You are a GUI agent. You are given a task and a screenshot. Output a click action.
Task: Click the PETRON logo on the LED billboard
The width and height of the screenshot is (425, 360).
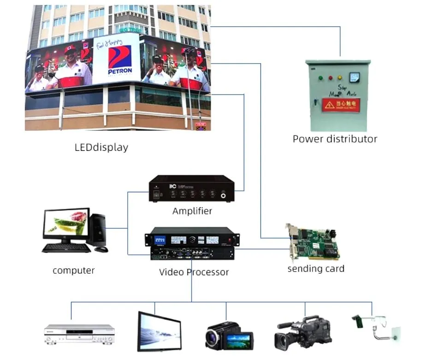(119, 59)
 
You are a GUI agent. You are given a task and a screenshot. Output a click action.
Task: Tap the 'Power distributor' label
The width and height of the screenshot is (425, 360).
(335, 139)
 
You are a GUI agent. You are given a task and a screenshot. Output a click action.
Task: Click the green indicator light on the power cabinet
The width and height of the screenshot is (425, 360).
(320, 78)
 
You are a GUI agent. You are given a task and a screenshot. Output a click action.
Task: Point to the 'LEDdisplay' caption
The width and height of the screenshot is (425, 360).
(101, 148)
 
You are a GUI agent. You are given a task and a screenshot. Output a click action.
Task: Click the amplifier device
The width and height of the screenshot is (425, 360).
(192, 189)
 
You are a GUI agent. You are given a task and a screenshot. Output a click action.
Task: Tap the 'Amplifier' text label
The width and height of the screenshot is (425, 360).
(192, 211)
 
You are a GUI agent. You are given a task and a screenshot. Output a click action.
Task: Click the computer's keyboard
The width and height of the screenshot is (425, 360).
(66, 248)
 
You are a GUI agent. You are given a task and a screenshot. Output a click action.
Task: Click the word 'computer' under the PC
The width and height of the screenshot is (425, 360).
(74, 271)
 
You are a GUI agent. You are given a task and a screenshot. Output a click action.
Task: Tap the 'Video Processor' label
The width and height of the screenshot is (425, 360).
(194, 272)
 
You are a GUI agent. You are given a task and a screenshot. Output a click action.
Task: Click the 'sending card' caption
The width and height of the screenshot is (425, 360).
(316, 268)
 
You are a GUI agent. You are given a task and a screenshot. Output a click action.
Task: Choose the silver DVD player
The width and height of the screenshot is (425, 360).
(79, 334)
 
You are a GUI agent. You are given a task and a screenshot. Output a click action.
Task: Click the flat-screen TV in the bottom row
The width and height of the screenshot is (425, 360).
(159, 331)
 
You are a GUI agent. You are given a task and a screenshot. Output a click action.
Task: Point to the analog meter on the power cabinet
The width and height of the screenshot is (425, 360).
(354, 77)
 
